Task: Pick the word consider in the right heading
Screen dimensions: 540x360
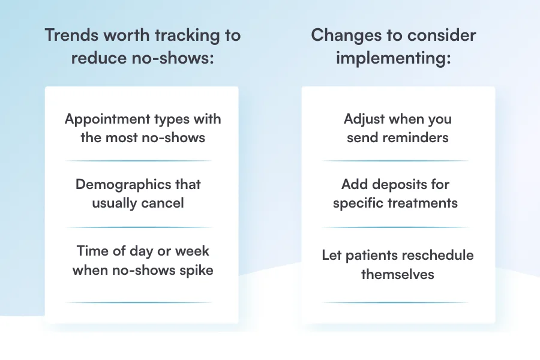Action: pyautogui.click(x=442, y=35)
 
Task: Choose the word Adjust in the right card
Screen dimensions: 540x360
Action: pyautogui.click(x=364, y=120)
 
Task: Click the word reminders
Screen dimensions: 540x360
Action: pyautogui.click(x=416, y=137)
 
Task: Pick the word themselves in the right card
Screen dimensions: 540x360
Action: pyautogui.click(x=397, y=275)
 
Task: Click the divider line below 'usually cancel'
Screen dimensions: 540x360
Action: pyautogui.click(x=139, y=227)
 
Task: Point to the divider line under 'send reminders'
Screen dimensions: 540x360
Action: pyautogui.click(x=395, y=161)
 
